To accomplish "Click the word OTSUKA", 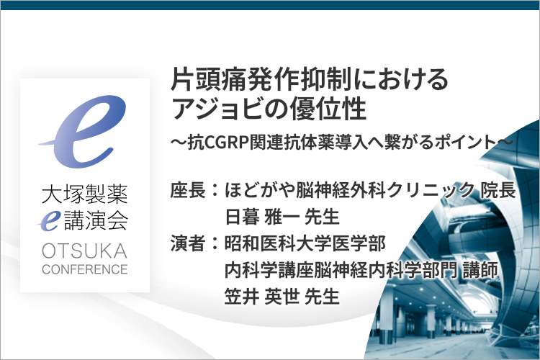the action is click(x=84, y=251).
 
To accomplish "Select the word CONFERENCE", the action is click(x=85, y=269).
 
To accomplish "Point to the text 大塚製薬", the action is click(x=85, y=194).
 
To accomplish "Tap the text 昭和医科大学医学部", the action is click(x=305, y=243).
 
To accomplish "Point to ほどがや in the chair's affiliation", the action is click(x=260, y=190).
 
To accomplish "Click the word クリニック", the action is click(x=431, y=190).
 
